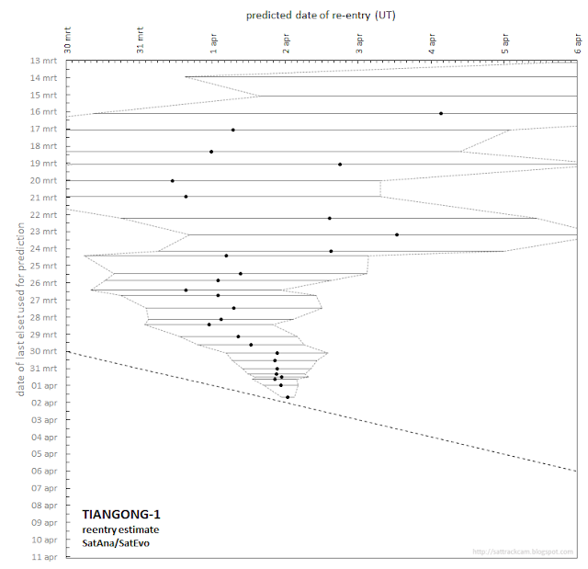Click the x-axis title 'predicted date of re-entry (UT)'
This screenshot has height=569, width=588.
click(x=322, y=16)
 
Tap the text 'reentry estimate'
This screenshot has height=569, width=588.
click(x=120, y=529)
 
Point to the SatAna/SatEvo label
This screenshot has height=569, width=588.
click(x=116, y=542)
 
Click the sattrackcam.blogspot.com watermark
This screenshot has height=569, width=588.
click(x=522, y=552)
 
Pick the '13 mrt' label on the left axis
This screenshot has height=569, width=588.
click(x=43, y=61)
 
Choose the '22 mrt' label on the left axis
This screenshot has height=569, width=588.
click(x=43, y=214)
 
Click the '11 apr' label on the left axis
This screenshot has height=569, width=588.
click(x=43, y=557)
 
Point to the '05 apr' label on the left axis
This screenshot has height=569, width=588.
click(x=43, y=454)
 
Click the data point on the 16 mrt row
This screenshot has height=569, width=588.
click(x=441, y=113)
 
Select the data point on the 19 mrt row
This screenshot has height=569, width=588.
click(x=340, y=165)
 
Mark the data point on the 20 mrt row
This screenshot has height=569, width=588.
click(x=172, y=181)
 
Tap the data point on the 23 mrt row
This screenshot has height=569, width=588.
click(x=397, y=234)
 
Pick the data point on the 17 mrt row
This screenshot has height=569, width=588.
click(x=232, y=130)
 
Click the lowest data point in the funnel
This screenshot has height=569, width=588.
click(x=288, y=397)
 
